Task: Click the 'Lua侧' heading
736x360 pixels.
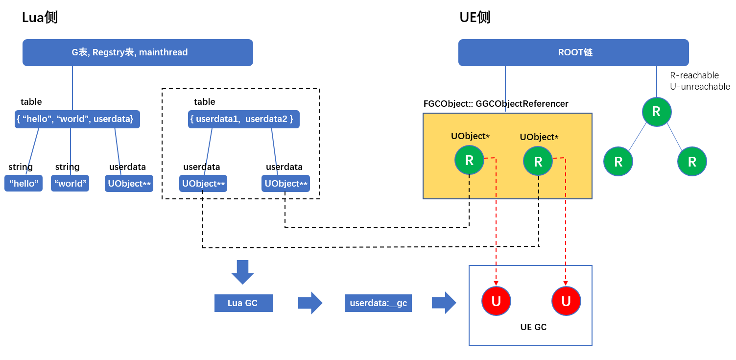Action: pyautogui.click(x=40, y=18)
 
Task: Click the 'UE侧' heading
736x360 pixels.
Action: pyautogui.click(x=475, y=18)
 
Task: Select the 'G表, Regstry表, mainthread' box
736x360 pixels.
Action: pyautogui.click(x=138, y=52)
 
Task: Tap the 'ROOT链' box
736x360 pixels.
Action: pyautogui.click(x=573, y=52)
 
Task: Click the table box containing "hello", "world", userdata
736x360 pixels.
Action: pyautogui.click(x=77, y=119)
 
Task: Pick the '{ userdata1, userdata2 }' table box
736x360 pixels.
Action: pyautogui.click(x=243, y=119)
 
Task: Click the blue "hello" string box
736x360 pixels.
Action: pyautogui.click(x=24, y=184)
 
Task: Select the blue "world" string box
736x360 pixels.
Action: pyautogui.click(x=70, y=184)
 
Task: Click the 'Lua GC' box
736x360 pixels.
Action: pyautogui.click(x=243, y=303)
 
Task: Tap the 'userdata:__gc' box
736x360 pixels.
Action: pyautogui.click(x=378, y=303)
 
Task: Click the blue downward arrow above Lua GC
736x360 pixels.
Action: pyautogui.click(x=242, y=272)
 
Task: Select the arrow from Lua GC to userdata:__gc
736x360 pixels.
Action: pyautogui.click(x=310, y=303)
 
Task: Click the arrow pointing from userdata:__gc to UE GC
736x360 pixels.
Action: pyautogui.click(x=444, y=303)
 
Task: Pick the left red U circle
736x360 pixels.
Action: pyautogui.click(x=496, y=301)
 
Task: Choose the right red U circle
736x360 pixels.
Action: pyautogui.click(x=566, y=301)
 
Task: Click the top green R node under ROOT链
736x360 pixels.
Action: pyautogui.click(x=657, y=112)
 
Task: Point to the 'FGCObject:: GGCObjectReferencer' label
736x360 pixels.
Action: pyautogui.click(x=496, y=104)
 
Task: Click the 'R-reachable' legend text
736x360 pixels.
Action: pyautogui.click(x=694, y=75)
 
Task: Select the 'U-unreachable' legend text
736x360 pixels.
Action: pyautogui.click(x=699, y=87)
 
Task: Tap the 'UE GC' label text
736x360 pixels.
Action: pyautogui.click(x=533, y=327)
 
